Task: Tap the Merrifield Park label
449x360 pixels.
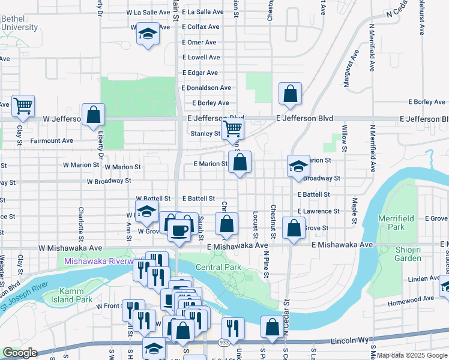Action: [391, 223]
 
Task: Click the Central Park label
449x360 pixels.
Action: [217, 267]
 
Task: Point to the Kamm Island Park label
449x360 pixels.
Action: [88, 295]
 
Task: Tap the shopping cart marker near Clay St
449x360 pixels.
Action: [23, 106]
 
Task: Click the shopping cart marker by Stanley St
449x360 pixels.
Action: [232, 128]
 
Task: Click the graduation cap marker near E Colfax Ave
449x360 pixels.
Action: [147, 34]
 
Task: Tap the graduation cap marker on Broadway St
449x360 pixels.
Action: [298, 166]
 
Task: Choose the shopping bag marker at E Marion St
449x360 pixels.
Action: [240, 161]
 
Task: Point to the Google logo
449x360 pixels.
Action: [19, 353]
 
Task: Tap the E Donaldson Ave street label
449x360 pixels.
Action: [206, 88]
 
